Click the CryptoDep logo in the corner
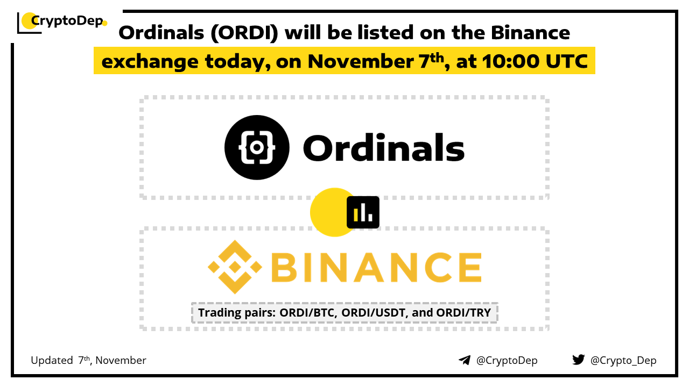[x=62, y=22]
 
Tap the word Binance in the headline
[x=530, y=33]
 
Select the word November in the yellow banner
[x=361, y=61]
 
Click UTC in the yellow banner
[x=567, y=61]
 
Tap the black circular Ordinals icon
[x=257, y=147]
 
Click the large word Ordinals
[x=384, y=147]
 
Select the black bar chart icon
[x=363, y=212]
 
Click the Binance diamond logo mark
[x=235, y=267]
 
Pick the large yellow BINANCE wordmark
[x=376, y=267]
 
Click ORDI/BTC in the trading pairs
[x=308, y=313]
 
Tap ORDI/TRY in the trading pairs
[x=463, y=313]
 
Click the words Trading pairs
[x=236, y=313]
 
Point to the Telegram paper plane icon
[x=465, y=360]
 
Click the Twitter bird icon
[x=578, y=360]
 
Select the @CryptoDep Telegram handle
[x=507, y=360]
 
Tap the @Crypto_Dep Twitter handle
[x=623, y=360]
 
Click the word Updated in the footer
[x=52, y=360]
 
